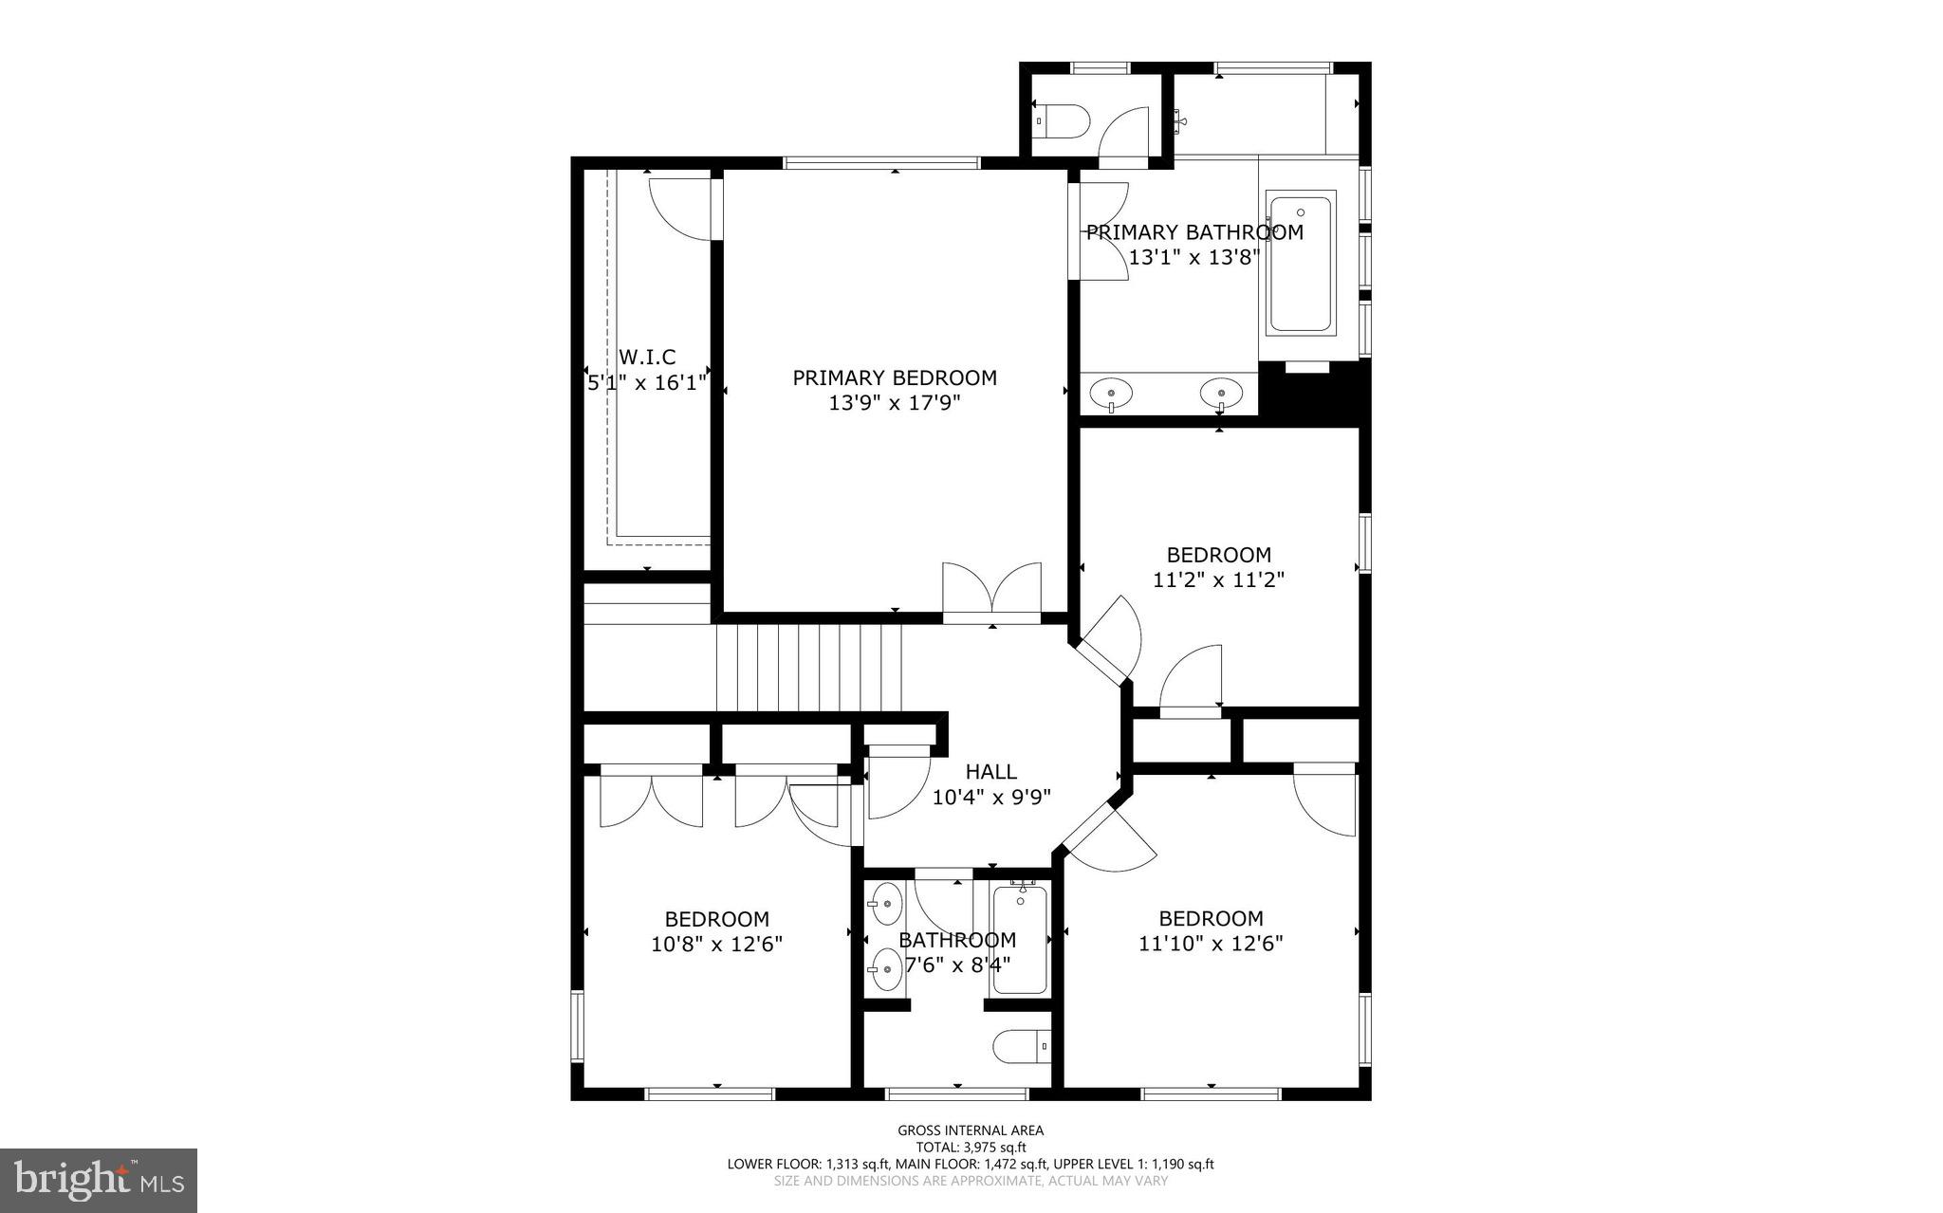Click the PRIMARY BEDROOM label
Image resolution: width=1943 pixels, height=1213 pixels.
pyautogui.click(x=895, y=378)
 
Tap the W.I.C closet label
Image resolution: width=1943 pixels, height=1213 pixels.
pyautogui.click(x=647, y=358)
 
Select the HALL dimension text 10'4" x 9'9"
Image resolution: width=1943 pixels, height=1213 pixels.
pyautogui.click(x=991, y=798)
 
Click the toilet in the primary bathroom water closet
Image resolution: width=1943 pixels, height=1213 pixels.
pyautogui.click(x=1063, y=121)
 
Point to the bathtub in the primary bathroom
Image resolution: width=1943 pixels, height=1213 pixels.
pyautogui.click(x=1300, y=262)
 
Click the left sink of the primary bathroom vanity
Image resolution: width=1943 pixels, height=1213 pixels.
pyautogui.click(x=1110, y=391)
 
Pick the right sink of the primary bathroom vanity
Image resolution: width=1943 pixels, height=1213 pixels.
pyautogui.click(x=1221, y=391)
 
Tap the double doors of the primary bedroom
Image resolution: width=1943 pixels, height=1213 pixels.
pyautogui.click(x=991, y=593)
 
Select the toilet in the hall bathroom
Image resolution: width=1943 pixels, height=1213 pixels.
pyautogui.click(x=1021, y=1047)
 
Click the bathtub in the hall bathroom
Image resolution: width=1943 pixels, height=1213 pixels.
pyautogui.click(x=1020, y=940)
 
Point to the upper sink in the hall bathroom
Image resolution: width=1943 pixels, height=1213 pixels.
pyautogui.click(x=887, y=904)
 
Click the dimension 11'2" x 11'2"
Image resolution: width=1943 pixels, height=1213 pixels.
pyautogui.click(x=1218, y=579)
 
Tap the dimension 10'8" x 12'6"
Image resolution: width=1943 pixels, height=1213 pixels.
pyautogui.click(x=716, y=945)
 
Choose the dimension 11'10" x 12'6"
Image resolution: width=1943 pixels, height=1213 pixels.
pyautogui.click(x=1211, y=944)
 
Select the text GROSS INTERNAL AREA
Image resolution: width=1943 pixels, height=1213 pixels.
pyautogui.click(x=971, y=1130)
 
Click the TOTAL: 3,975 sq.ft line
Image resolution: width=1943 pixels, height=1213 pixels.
pyautogui.click(x=971, y=1148)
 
